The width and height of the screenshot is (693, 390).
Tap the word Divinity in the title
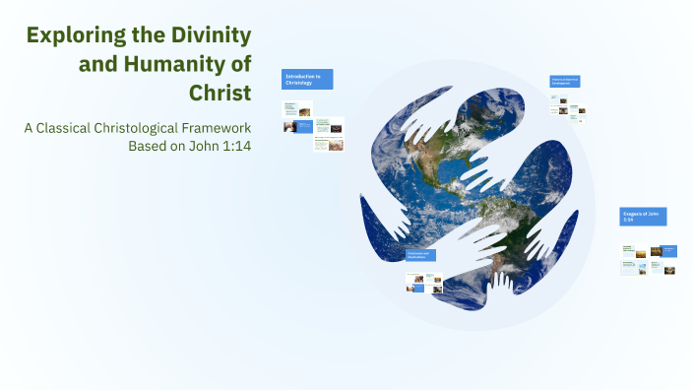pos(207,36)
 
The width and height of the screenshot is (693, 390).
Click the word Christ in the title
pos(220,93)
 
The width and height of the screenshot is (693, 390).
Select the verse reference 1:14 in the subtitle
pos(233,147)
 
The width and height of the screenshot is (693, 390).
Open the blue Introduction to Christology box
pos(307,79)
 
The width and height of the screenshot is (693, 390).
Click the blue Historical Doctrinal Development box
pos(564,81)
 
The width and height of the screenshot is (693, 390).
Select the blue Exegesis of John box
pos(643,216)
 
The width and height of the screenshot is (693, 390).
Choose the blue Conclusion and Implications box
pos(420,255)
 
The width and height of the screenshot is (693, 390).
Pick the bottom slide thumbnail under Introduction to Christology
pos(329,145)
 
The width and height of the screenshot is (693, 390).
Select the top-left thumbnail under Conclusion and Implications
pos(413,277)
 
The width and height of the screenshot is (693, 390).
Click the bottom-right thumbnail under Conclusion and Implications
pos(436,289)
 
